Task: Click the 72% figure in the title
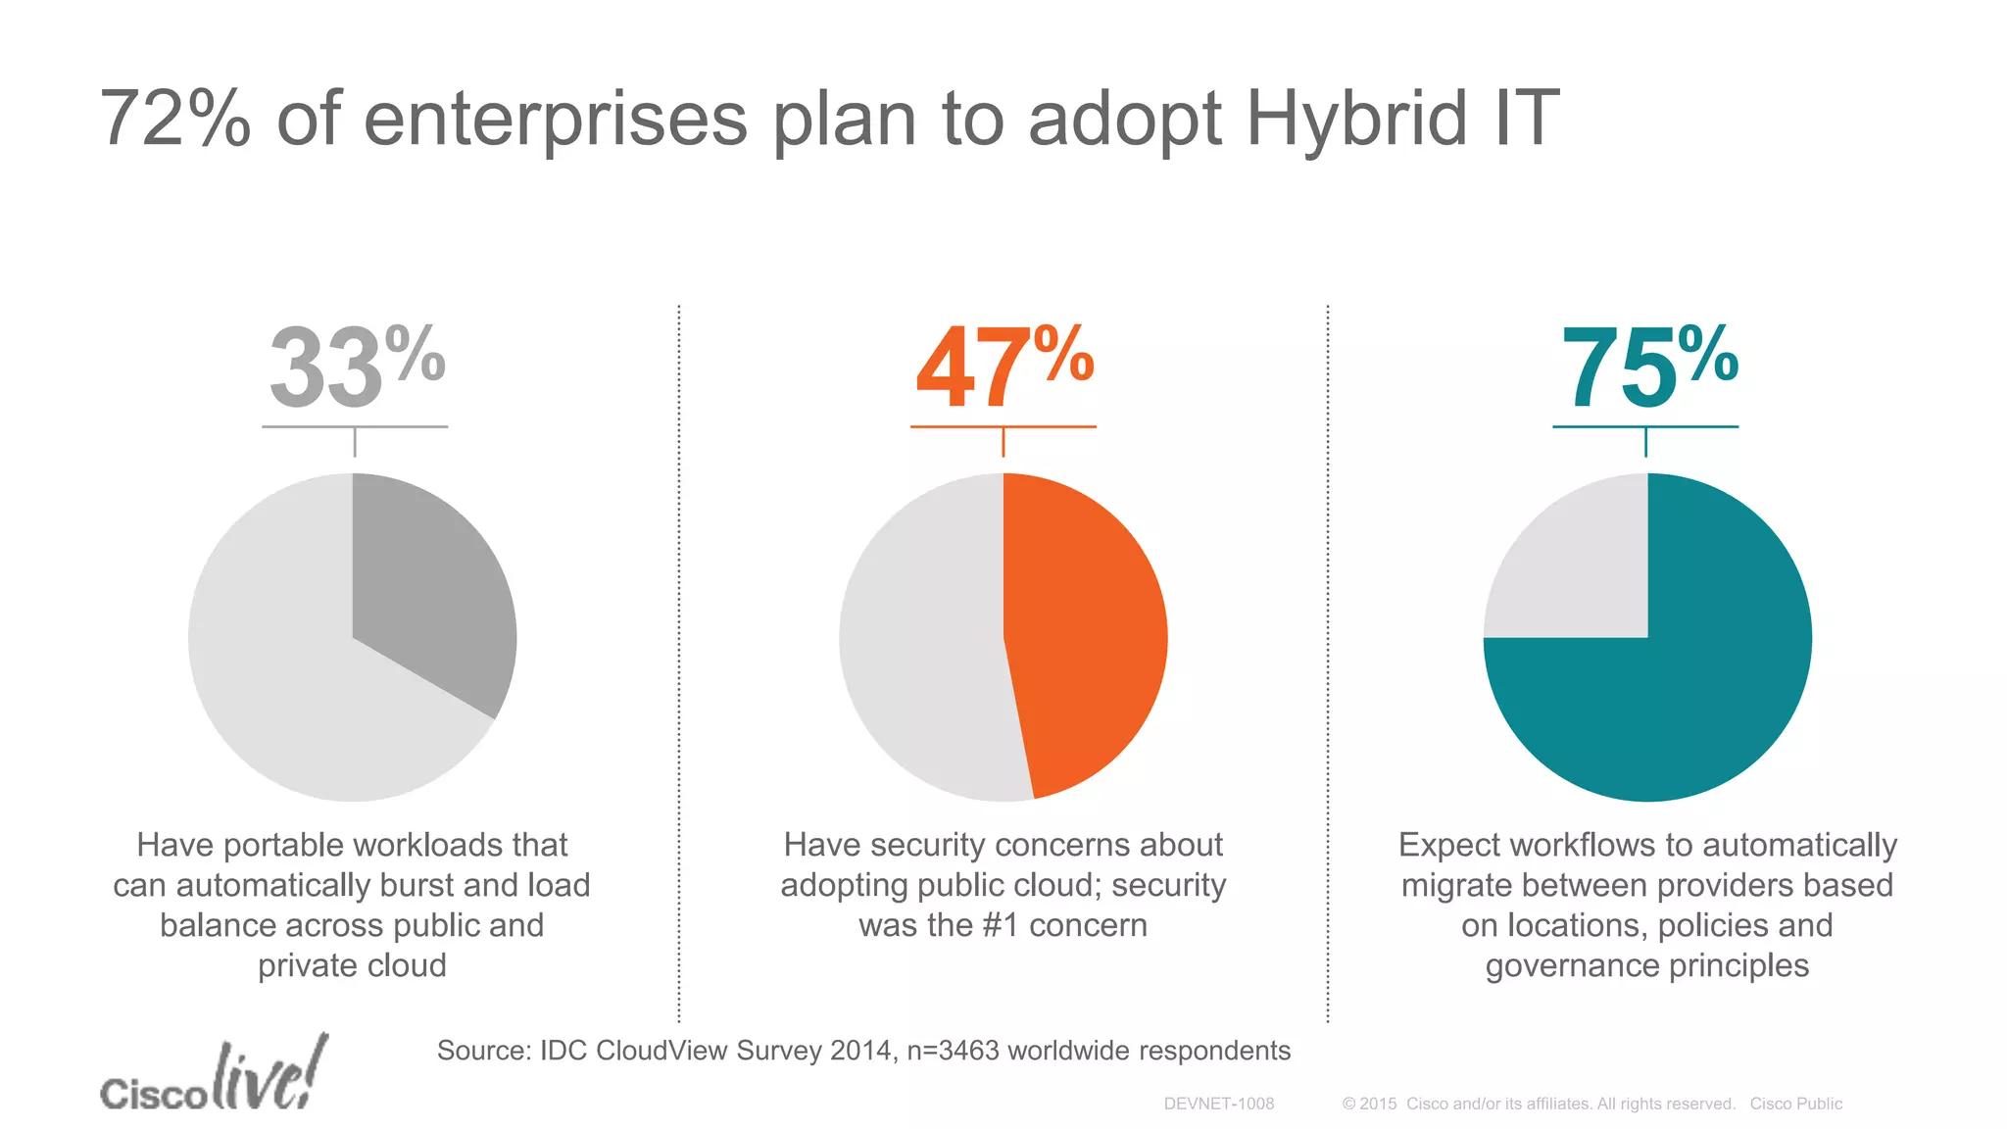click(174, 120)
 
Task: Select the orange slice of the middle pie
click(1083, 637)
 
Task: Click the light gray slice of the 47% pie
click(921, 637)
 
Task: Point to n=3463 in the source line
click(952, 1051)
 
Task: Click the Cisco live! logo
click(214, 1076)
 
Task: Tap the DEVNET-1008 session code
click(1218, 1104)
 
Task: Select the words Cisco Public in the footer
click(1795, 1104)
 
